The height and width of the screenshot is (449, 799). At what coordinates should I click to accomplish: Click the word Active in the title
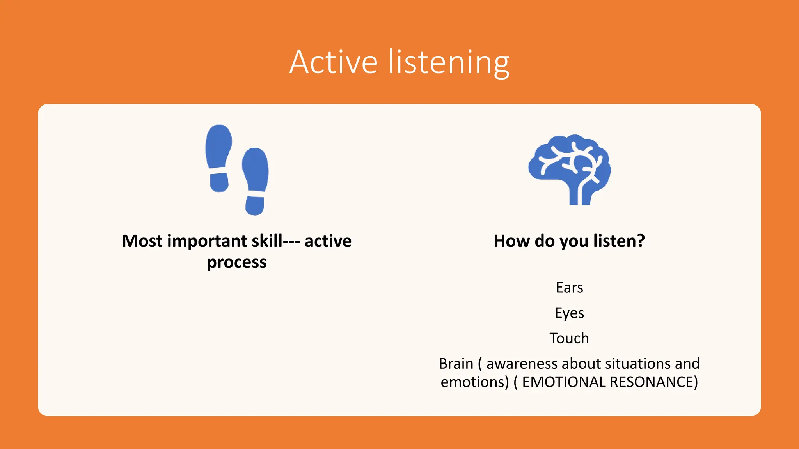coord(334,62)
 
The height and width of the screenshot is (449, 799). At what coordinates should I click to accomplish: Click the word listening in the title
coord(449,63)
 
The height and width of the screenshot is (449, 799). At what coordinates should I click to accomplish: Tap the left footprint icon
coord(218,158)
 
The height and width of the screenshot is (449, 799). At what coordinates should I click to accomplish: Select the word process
coord(236,263)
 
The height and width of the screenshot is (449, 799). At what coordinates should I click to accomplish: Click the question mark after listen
coord(641,241)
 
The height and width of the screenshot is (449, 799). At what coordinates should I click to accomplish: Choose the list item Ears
coord(569,288)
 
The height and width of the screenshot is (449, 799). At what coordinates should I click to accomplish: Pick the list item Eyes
coord(569,313)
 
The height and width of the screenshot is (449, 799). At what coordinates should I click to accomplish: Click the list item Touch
coord(569,338)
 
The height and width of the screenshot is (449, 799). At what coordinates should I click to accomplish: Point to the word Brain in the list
coord(456,364)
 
